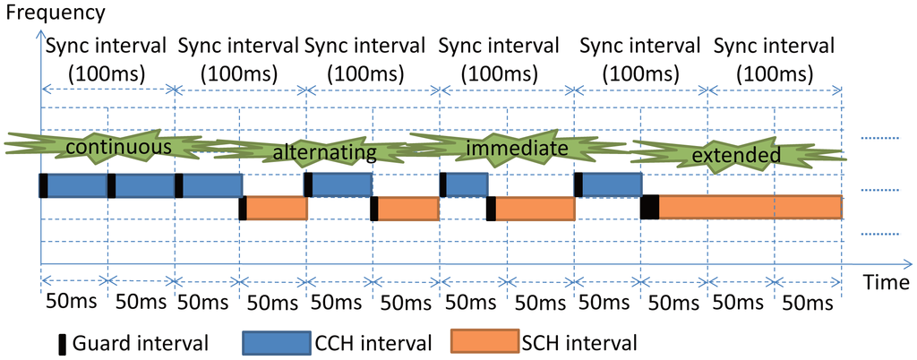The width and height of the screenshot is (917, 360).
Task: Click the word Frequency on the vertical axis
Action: (x=52, y=13)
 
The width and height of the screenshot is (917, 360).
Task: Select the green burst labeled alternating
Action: (x=324, y=152)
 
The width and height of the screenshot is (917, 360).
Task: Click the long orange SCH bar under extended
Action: (x=750, y=207)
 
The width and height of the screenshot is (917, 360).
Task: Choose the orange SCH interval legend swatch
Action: (x=484, y=341)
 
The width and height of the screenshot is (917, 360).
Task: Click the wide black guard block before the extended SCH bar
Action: (x=650, y=207)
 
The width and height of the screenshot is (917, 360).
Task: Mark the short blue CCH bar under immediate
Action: (x=467, y=184)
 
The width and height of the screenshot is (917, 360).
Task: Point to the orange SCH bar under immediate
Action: (x=535, y=208)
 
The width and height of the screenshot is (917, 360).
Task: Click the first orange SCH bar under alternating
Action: (x=277, y=208)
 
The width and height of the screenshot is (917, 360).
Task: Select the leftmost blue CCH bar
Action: (x=76, y=184)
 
